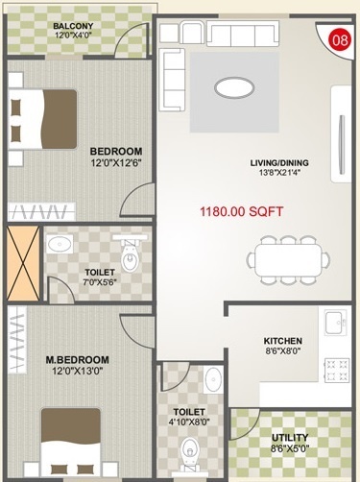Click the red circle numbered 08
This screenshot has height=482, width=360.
pos(339,40)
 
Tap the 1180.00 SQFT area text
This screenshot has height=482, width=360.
pos(240,212)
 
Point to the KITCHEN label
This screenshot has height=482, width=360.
pos(283,341)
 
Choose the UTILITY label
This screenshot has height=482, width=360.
pos(290,437)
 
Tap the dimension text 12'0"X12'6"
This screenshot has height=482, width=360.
pos(116,164)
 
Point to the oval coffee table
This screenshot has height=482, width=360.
pos(236,87)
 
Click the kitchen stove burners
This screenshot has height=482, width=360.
pos(337,369)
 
